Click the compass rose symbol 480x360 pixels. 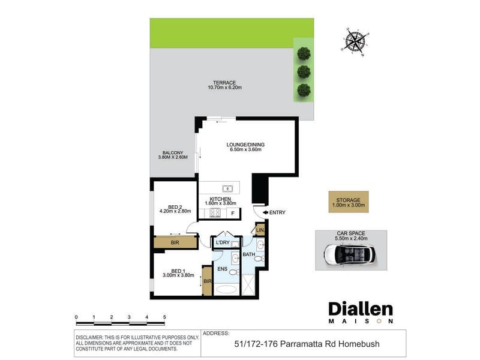click(x=355, y=42)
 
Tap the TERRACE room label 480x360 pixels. click(x=224, y=83)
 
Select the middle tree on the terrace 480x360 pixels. click(x=304, y=72)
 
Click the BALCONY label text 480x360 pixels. click(x=173, y=152)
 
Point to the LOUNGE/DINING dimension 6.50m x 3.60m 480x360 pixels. click(x=245, y=149)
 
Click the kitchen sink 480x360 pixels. click(x=227, y=188)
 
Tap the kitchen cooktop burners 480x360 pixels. click(x=215, y=212)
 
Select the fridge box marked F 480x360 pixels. click(x=233, y=214)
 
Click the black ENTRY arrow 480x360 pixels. click(x=265, y=212)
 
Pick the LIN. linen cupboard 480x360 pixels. click(x=260, y=230)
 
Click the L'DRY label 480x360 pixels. click(x=223, y=242)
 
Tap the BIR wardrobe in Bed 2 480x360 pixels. click(x=175, y=242)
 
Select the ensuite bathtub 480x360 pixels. click(x=226, y=290)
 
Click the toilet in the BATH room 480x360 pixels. click(x=259, y=259)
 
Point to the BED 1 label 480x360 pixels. click(x=178, y=271)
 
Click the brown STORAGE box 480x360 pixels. click(x=349, y=202)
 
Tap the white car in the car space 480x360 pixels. click(x=350, y=254)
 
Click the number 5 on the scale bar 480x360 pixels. click(x=164, y=317)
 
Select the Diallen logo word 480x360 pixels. click(x=361, y=309)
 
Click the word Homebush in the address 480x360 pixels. click(x=359, y=344)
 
